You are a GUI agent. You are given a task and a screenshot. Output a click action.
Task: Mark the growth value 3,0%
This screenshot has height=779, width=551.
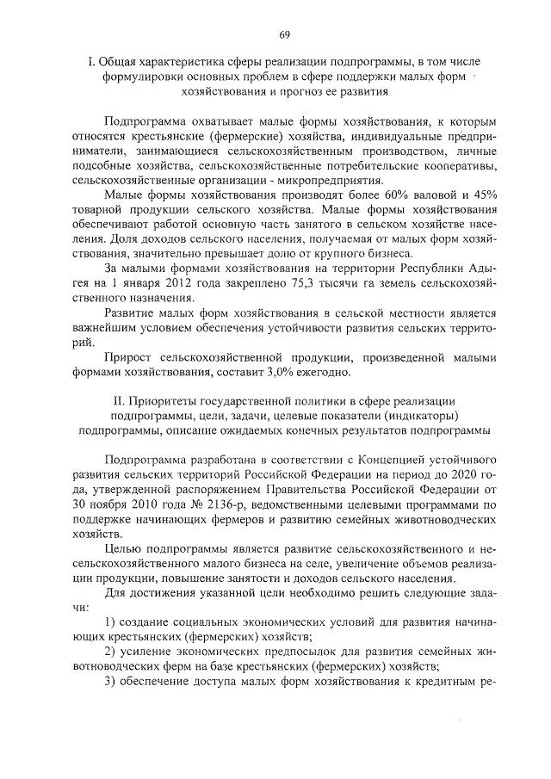point(279,372)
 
